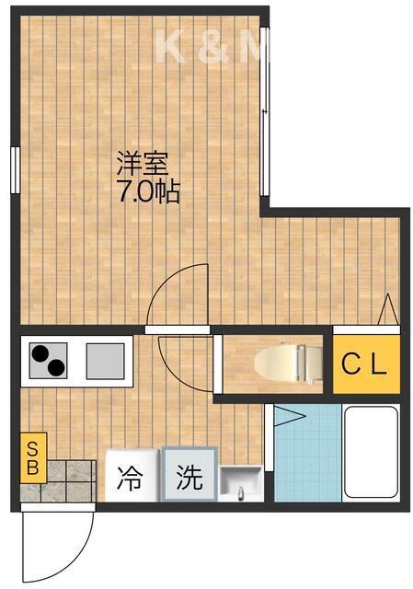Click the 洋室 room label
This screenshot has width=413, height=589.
tap(141, 166)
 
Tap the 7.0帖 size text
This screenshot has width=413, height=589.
tap(147, 194)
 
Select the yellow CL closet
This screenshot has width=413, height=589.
tap(366, 364)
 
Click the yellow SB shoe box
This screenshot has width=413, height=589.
tap(31, 457)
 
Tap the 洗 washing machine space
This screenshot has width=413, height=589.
tap(189, 477)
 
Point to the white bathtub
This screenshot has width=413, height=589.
tap(373, 455)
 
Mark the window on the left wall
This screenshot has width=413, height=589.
tap(16, 170)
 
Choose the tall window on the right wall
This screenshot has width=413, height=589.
tap(265, 110)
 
